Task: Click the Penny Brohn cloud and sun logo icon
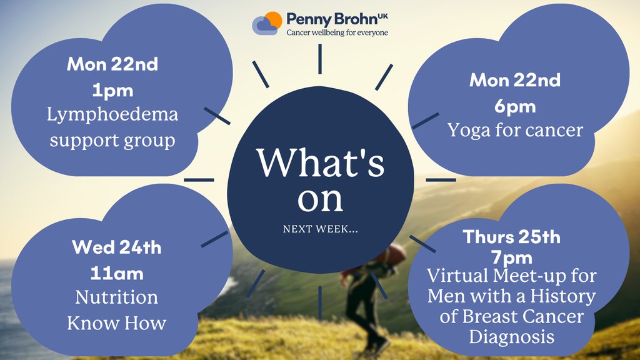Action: click(267, 23)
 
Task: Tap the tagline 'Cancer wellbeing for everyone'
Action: click(337, 32)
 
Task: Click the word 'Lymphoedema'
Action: click(113, 115)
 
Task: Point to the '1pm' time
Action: click(113, 90)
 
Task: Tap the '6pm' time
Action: click(515, 106)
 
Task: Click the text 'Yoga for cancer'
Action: click(515, 130)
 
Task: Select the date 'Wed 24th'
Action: click(117, 247)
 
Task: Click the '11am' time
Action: click(117, 273)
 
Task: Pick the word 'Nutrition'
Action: click(117, 297)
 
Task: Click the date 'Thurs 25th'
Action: click(512, 237)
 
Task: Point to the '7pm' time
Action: click(512, 257)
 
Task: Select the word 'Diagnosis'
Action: click(512, 337)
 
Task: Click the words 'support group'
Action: click(113, 140)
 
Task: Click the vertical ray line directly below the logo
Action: click(319, 59)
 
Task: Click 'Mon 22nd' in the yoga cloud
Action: click(515, 81)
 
